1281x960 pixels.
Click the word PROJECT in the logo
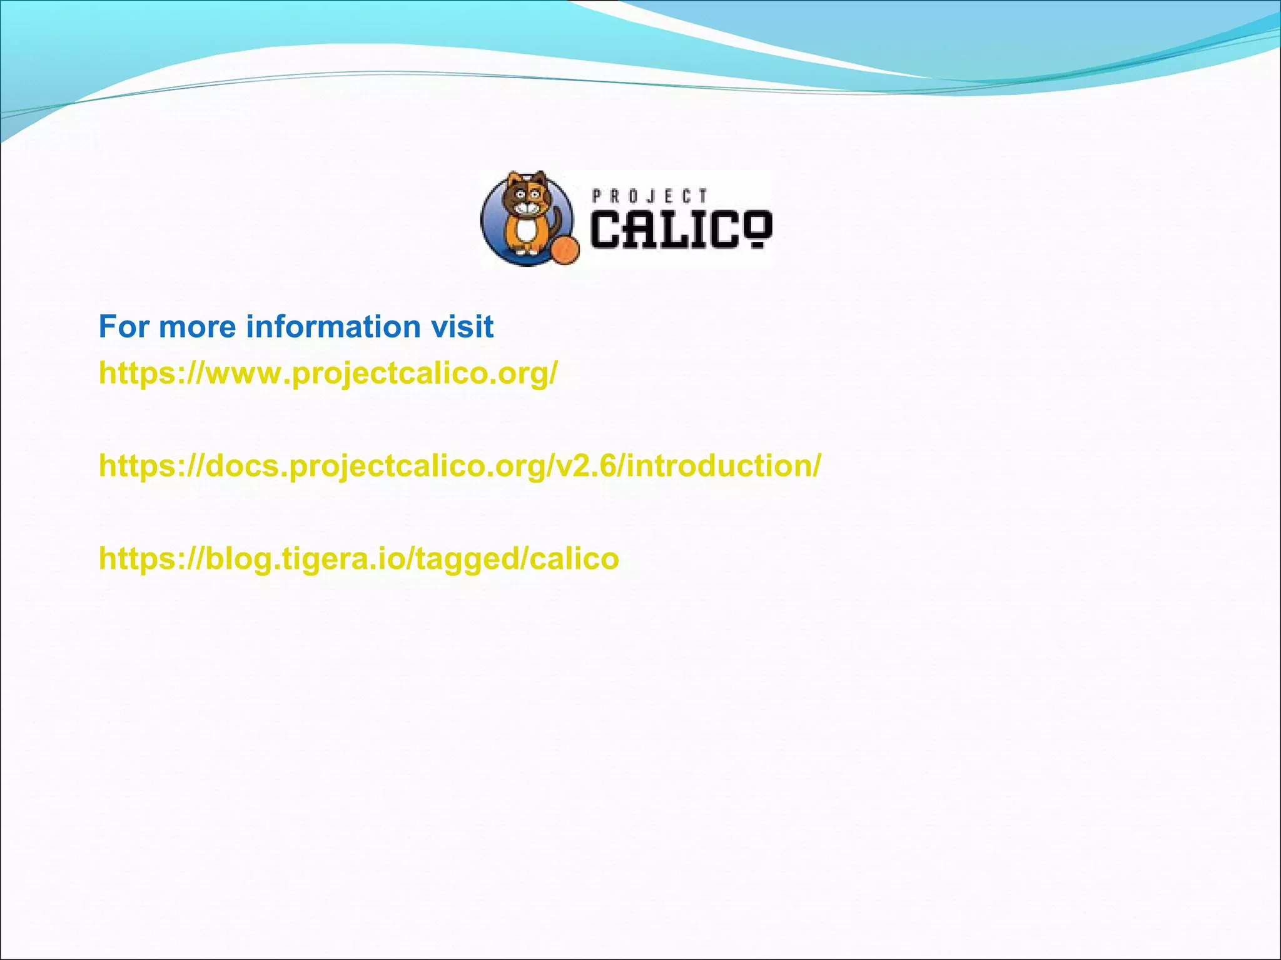[649, 196]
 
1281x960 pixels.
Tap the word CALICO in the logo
[681, 229]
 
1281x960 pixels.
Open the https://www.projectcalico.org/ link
[328, 374]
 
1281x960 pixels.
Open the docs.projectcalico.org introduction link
[460, 466]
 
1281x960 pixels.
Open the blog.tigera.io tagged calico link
[358, 559]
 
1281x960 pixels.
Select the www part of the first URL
[245, 374]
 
